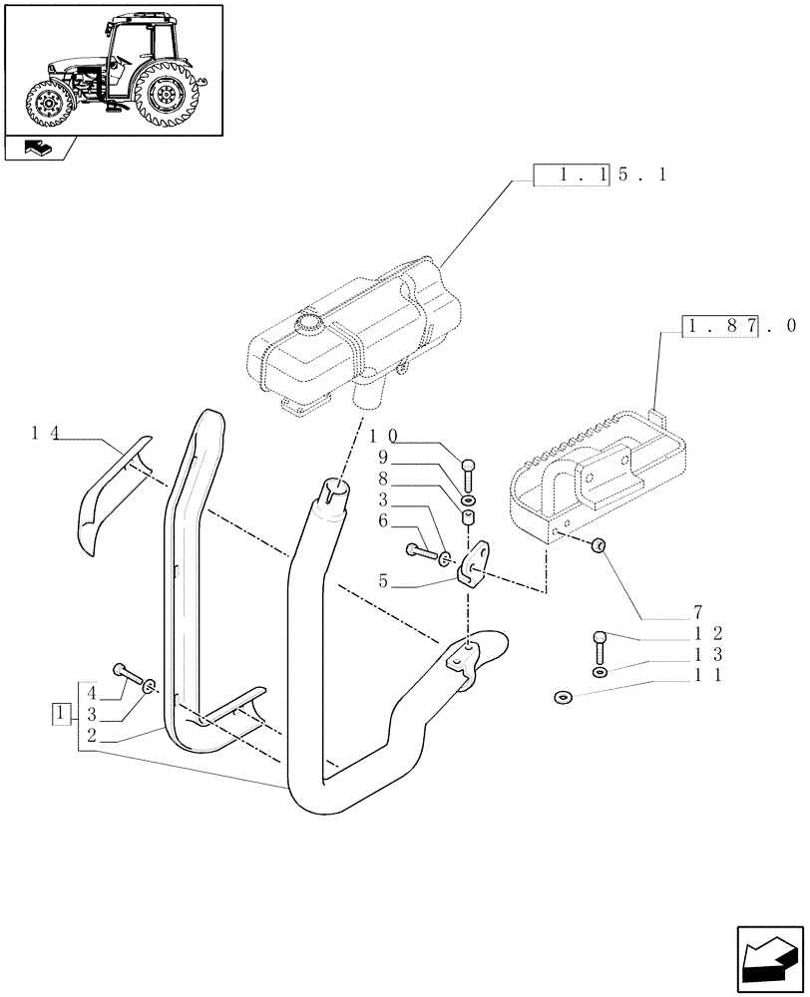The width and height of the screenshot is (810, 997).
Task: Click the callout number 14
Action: click(45, 433)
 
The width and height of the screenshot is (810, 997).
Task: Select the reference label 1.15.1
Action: click(601, 175)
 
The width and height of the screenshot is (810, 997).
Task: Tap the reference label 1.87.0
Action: click(738, 326)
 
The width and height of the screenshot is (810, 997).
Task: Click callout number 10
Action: click(384, 436)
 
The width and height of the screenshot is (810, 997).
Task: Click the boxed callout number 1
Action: click(62, 713)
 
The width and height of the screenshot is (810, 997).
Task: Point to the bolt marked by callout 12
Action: click(600, 646)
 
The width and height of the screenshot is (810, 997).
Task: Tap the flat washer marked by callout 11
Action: click(563, 697)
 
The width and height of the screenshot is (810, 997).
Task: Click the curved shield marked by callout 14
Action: click(110, 493)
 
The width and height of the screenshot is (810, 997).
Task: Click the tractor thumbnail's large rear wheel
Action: click(165, 95)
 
